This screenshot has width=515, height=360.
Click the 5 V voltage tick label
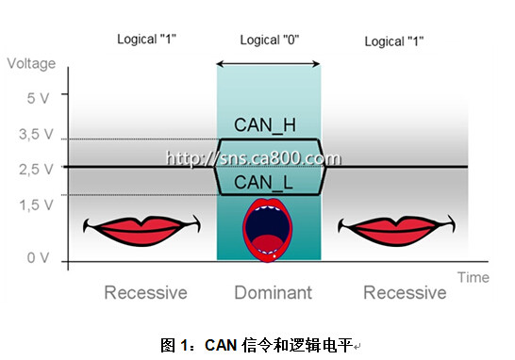pyautogui.click(x=38, y=98)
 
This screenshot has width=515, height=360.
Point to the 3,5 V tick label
pyautogui.click(x=36, y=134)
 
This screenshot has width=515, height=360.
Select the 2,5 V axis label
pyautogui.click(x=36, y=170)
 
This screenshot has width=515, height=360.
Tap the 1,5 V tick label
pyautogui.click(x=36, y=205)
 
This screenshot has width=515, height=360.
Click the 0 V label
pyautogui.click(x=38, y=257)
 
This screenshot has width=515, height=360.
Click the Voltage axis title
pyautogui.click(x=31, y=63)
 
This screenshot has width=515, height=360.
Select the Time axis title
pyautogui.click(x=473, y=278)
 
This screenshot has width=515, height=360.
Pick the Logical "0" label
pyautogui.click(x=270, y=40)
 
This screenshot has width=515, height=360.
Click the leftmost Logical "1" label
pyautogui.click(x=146, y=39)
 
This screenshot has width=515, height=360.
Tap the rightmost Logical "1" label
pyautogui.click(x=394, y=41)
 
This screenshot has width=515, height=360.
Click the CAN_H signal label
pyautogui.click(x=265, y=125)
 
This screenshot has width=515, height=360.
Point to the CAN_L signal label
pyautogui.click(x=263, y=183)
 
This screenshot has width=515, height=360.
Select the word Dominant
pyautogui.click(x=274, y=292)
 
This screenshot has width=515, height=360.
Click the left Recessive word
pyautogui.click(x=145, y=292)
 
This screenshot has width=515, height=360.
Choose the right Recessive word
pyautogui.click(x=405, y=292)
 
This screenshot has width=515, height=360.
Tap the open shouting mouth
pyautogui.click(x=267, y=230)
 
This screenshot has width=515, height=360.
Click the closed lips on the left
pyautogui.click(x=141, y=230)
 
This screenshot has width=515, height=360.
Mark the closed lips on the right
pyautogui.click(x=397, y=230)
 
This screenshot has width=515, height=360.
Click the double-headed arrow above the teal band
pyautogui.click(x=268, y=64)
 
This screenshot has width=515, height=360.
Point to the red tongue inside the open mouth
pyautogui.click(x=267, y=243)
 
